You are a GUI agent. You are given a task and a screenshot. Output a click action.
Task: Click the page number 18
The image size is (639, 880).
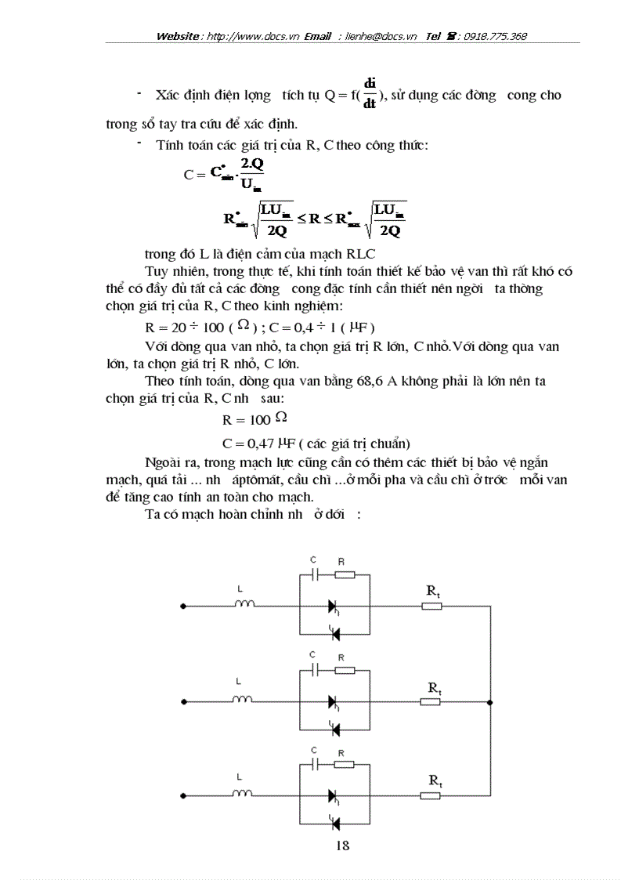click(x=342, y=844)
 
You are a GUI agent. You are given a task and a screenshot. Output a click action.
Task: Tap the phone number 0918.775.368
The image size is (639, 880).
click(x=495, y=36)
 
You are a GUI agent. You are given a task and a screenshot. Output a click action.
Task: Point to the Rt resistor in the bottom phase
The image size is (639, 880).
click(x=431, y=796)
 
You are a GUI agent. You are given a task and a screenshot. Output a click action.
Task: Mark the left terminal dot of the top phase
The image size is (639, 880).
click(x=183, y=606)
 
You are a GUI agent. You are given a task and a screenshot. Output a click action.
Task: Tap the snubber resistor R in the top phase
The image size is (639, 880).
click(x=344, y=574)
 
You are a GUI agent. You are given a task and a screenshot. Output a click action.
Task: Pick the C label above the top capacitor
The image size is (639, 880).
click(x=313, y=560)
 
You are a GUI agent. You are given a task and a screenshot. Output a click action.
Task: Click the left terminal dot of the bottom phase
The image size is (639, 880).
click(x=183, y=796)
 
